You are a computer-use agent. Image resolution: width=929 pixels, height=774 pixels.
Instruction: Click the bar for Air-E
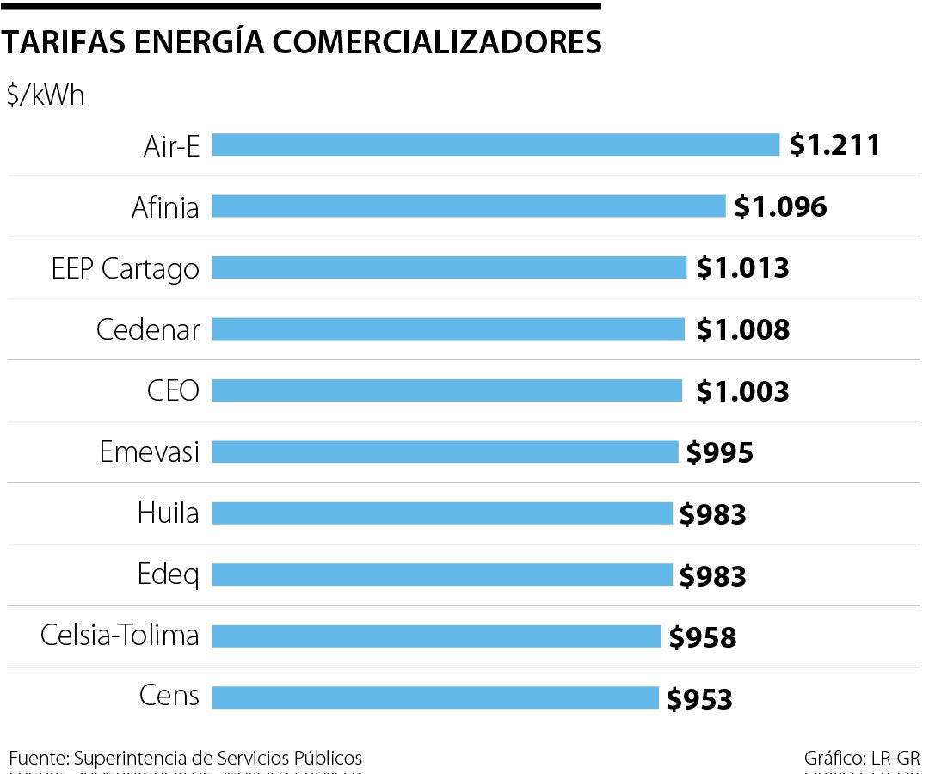(495, 144)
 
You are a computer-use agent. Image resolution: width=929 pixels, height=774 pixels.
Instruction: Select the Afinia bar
(469, 206)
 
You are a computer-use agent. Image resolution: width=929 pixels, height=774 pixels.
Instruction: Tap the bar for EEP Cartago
(449, 267)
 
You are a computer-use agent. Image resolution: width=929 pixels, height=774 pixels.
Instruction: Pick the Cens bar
(435, 697)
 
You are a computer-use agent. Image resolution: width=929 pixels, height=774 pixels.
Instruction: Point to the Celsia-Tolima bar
(436, 636)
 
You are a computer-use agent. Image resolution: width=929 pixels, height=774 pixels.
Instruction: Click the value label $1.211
(835, 144)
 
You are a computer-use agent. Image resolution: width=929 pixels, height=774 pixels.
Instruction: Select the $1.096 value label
(780, 206)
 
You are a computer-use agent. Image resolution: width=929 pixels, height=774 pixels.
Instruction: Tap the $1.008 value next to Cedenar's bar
(742, 329)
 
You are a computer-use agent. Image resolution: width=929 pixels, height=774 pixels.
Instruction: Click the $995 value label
(719, 452)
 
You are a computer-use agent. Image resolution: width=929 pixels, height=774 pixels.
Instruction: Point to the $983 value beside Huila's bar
(712, 514)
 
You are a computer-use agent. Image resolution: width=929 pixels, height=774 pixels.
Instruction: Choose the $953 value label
(699, 698)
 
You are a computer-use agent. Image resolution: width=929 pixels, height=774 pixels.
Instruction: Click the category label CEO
(173, 391)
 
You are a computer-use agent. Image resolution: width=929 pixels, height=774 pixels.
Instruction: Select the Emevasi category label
(149, 452)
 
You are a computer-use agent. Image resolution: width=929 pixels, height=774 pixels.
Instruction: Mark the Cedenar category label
(148, 329)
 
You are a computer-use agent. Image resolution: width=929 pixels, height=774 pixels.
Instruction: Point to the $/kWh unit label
(46, 95)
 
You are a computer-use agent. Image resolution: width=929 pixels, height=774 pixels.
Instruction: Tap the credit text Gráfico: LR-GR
(862, 758)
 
